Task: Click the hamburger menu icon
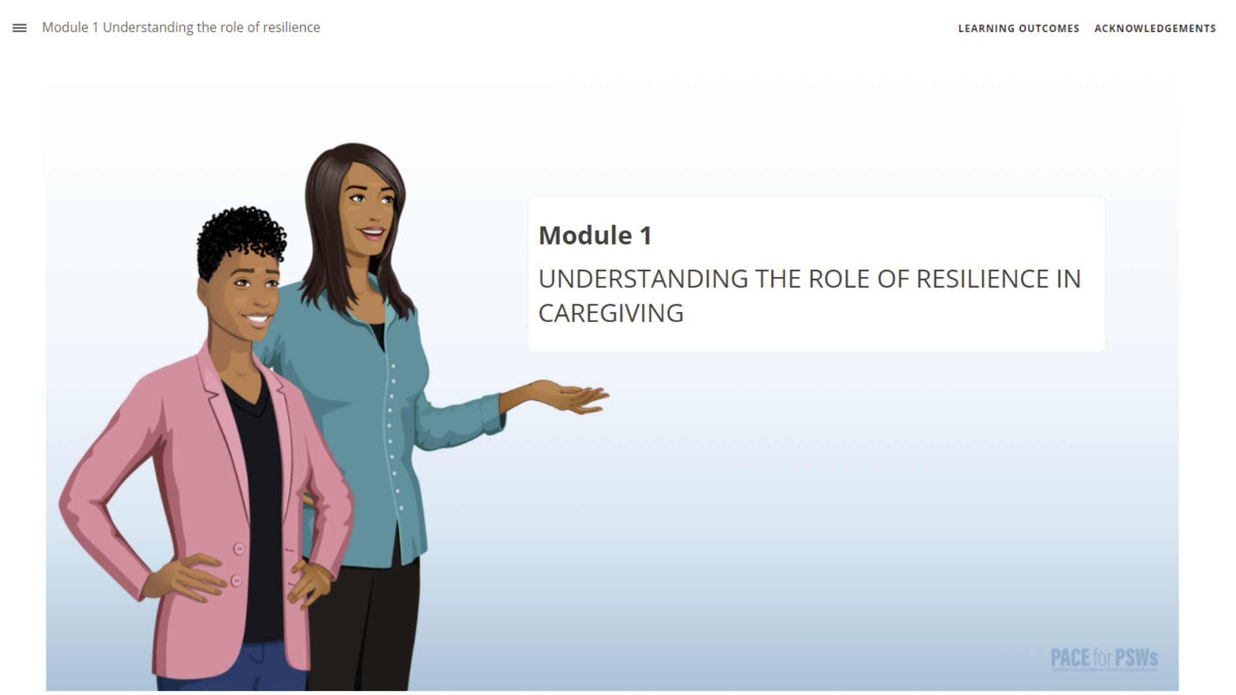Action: [x=20, y=28]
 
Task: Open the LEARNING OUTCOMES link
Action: [x=1018, y=29]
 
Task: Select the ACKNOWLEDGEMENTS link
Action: [x=1154, y=29]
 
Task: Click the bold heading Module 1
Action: [x=594, y=236]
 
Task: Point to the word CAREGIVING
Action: [x=610, y=314]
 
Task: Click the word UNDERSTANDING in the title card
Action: [x=643, y=280]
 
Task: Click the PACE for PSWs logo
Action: [x=1103, y=658]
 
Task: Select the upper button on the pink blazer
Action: [x=239, y=549]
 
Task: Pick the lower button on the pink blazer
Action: [x=236, y=580]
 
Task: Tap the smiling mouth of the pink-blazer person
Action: [x=256, y=319]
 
